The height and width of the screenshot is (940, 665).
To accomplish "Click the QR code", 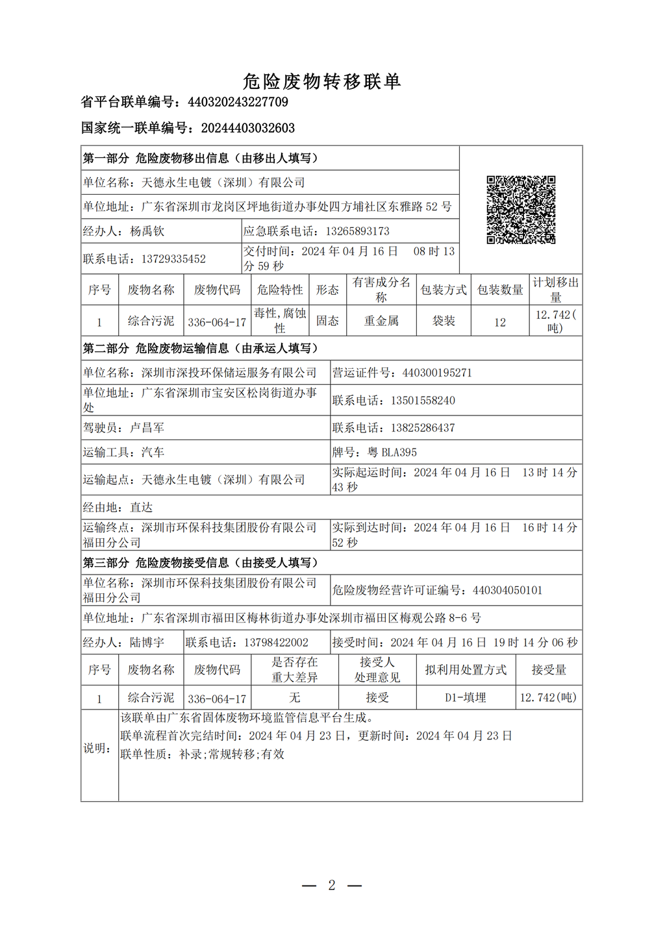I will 521,210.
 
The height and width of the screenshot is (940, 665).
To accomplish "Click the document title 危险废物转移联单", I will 322,81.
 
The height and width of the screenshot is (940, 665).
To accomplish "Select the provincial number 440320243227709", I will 238,102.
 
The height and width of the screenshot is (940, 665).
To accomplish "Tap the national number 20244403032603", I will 248,128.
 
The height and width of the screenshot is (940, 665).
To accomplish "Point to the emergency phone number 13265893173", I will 357,231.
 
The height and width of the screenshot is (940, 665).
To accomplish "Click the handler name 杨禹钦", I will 147,231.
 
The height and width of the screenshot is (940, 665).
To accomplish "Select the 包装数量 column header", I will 500,290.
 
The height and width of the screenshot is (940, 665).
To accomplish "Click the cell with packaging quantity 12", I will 500,322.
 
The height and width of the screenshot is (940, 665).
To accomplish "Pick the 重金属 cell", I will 381,321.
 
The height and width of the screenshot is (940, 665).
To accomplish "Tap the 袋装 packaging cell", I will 444,321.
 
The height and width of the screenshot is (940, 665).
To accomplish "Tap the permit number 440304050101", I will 507,590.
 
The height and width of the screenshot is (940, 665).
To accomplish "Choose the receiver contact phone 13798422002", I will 276,643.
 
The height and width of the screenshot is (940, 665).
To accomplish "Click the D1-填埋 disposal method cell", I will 466,698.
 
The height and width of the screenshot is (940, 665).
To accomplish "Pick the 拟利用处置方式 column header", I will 466,670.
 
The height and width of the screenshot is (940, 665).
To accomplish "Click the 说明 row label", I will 97,748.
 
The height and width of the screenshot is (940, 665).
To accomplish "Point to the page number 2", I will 332,885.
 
